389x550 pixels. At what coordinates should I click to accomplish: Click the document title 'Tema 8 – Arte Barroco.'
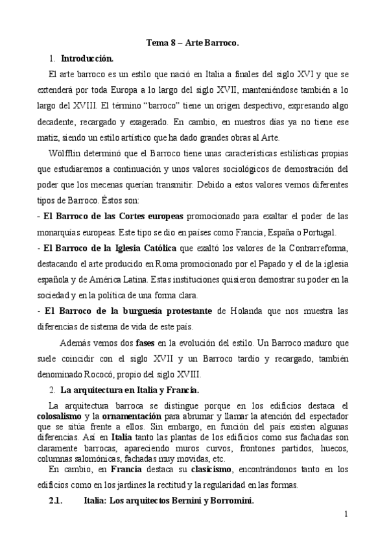pos(193,43)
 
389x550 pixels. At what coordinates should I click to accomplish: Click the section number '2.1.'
pos(59,501)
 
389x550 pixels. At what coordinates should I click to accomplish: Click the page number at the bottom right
pos(347,515)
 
